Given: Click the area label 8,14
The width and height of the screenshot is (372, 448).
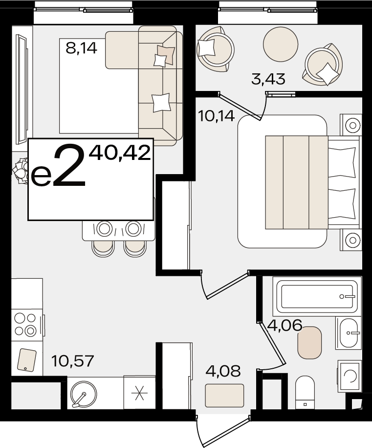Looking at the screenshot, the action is coord(81,48).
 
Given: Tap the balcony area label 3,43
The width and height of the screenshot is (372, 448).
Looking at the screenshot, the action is coord(268,79).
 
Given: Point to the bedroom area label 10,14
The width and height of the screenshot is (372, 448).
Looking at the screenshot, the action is coord(216,116).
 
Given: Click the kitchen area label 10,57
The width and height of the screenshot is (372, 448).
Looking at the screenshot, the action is coord(72,361).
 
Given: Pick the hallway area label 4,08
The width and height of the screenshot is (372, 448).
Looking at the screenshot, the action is coord(223,371).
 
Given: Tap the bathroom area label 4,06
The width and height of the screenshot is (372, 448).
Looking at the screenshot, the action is coord(284,325).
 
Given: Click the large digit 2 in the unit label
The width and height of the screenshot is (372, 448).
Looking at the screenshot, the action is coord(70,165).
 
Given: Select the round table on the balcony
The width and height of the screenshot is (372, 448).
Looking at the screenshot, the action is coord(281,44).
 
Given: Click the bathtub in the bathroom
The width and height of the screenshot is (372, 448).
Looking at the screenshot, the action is coord(317,296).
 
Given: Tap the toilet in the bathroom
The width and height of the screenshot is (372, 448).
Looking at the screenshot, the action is coord(305,392).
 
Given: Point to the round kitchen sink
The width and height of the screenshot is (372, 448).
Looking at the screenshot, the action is coord(84,394).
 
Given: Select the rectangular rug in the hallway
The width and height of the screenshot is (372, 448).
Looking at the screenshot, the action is coord(224,396).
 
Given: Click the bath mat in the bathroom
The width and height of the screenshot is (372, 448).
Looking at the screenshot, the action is coord(309,342).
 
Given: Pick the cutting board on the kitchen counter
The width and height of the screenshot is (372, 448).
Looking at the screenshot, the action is coord(26,359).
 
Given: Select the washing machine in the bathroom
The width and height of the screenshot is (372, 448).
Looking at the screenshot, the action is coord(350,376).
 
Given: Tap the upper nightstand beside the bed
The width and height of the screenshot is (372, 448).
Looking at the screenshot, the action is coord(351,125).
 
